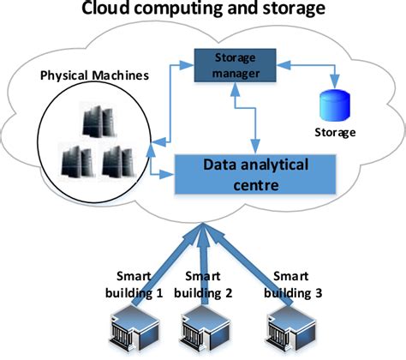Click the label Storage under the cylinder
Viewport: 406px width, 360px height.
pos(335,133)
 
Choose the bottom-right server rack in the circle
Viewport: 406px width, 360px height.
pos(116,161)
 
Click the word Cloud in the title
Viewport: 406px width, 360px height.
pos(109,10)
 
